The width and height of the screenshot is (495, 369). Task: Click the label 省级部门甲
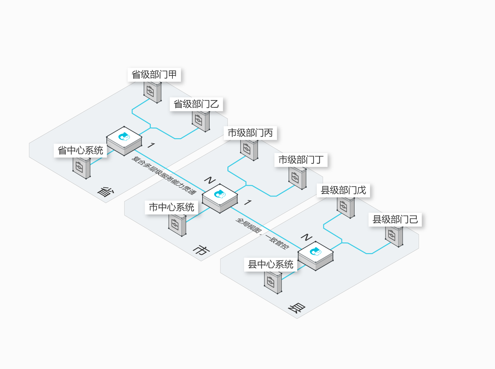[x=154, y=75]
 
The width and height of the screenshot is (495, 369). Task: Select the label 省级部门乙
[x=196, y=104]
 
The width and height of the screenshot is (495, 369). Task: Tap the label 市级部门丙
[x=250, y=133]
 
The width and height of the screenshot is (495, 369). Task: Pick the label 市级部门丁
[x=301, y=160]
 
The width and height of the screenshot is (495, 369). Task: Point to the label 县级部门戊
[x=343, y=190]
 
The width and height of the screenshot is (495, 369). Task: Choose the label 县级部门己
[x=395, y=219]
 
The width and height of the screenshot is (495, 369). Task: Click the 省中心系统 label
[x=80, y=151]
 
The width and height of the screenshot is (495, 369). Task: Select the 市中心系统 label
[x=171, y=207]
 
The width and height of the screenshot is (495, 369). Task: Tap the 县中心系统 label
[x=270, y=264]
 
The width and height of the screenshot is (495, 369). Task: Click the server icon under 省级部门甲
[x=152, y=92]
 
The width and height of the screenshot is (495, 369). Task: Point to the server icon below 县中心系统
[x=273, y=283]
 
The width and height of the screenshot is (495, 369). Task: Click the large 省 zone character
[x=106, y=192]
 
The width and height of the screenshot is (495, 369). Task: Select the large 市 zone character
[x=201, y=250]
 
